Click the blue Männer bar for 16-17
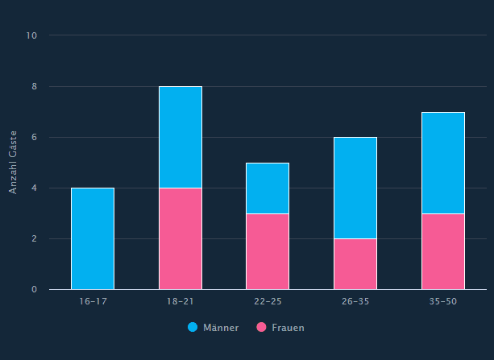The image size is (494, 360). [x=93, y=238]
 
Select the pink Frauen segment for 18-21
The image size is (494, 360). [x=181, y=238]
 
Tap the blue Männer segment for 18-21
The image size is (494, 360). [x=181, y=137]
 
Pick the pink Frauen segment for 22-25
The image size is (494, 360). [x=268, y=251]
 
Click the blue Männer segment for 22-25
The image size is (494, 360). [x=268, y=188]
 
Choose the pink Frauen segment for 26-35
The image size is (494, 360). [x=355, y=264]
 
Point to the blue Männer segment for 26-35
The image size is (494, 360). [x=355, y=188]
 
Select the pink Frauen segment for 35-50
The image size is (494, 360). [x=443, y=251]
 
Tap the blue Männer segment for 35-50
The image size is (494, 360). [x=443, y=163]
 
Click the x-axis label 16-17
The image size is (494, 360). [x=93, y=301]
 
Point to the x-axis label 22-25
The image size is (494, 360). [x=268, y=301]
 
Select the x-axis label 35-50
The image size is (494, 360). [x=443, y=301]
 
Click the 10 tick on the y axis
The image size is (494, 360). [x=32, y=35]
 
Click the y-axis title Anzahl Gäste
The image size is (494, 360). [x=13, y=162]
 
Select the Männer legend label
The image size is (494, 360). [x=221, y=328]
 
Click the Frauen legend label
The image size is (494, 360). [x=289, y=328]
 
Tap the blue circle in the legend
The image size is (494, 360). [x=193, y=328]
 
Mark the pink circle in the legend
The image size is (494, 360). [x=261, y=328]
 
